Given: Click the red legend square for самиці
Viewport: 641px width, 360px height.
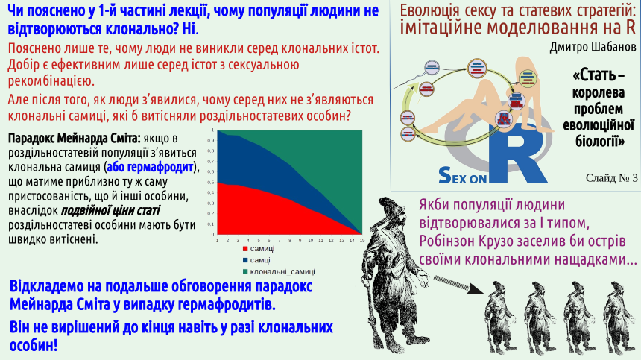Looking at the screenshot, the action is tap(245, 249).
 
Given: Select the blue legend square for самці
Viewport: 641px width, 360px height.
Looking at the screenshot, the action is tap(245, 260).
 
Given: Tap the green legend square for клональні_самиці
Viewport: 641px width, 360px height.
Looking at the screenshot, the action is tap(245, 272).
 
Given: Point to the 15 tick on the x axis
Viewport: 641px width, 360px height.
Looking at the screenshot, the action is tap(362, 240).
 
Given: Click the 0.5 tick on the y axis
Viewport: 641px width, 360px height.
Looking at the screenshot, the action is tap(212, 183).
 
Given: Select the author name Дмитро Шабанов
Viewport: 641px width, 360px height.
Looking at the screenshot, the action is tap(593, 48).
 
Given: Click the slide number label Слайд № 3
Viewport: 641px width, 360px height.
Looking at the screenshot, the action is tap(612, 177).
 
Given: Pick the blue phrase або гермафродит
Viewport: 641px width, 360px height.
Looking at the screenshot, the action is tap(150, 167).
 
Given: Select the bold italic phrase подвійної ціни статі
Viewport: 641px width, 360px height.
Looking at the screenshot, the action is tap(110, 210).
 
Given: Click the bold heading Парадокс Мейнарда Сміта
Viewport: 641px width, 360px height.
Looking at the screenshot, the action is tap(75, 138).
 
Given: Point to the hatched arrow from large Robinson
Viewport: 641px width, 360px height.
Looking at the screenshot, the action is tap(457, 285).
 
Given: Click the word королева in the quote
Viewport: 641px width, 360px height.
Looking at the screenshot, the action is tap(598, 92).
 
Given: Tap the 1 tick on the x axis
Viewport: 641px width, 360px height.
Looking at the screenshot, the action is tap(217, 240).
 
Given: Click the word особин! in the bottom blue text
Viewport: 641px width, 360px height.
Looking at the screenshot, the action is tap(34, 345).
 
